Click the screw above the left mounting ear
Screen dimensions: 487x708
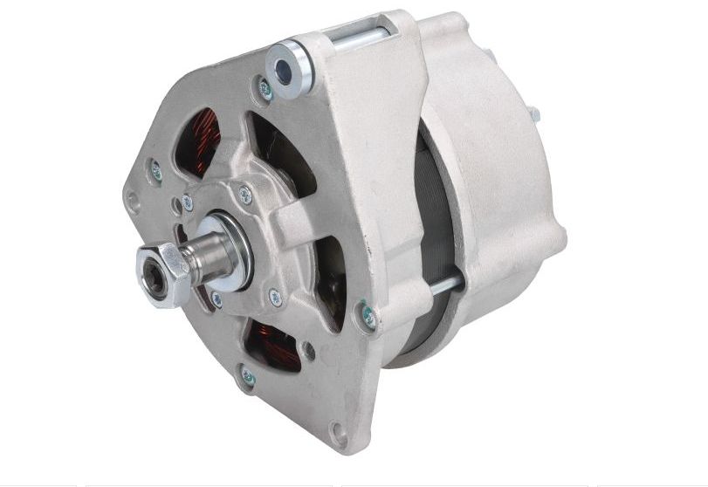point(156,171)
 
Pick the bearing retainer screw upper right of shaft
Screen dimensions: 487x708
point(245,195)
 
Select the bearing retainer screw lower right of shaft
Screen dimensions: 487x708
point(275,297)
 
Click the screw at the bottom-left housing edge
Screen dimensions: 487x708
point(248,377)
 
